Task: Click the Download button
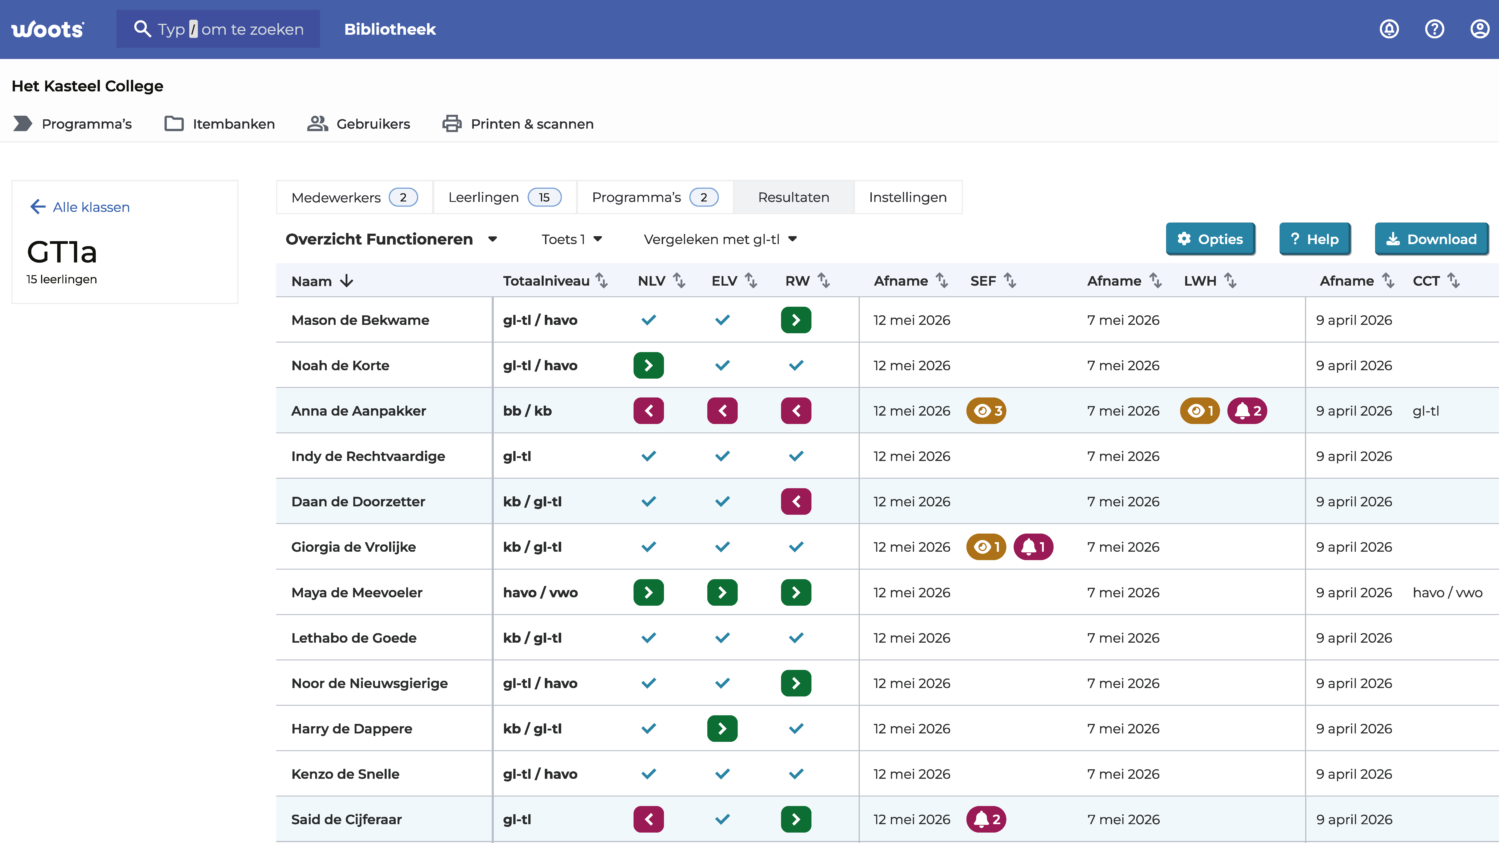(x=1431, y=239)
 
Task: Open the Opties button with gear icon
(x=1210, y=239)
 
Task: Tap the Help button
(x=1315, y=239)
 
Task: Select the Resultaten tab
(x=794, y=197)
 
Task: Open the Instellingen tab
(x=908, y=197)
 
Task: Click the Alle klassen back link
(x=80, y=207)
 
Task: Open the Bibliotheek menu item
(x=390, y=29)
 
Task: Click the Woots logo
(x=48, y=29)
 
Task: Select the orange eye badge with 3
(x=986, y=411)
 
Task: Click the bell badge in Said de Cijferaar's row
(x=986, y=819)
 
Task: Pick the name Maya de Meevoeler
(x=357, y=592)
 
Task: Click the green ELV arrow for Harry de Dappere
(x=722, y=728)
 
